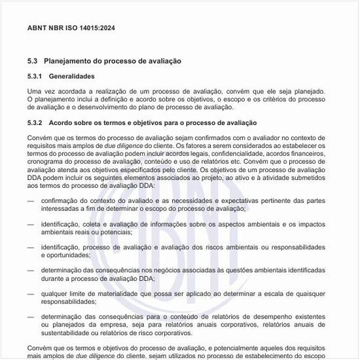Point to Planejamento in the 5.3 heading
70,61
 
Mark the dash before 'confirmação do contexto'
31,200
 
